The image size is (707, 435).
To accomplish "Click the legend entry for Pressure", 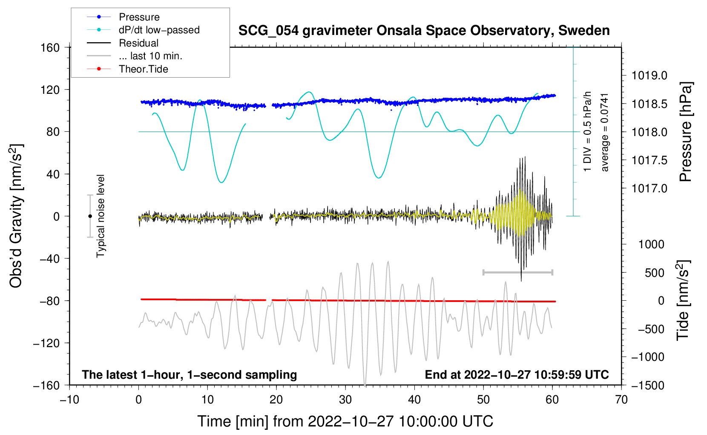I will coord(139,17).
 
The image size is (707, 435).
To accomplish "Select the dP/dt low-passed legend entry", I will coord(159,30).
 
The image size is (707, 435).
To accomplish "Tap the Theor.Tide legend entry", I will coord(143,69).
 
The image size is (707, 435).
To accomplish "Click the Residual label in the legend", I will coord(138,43).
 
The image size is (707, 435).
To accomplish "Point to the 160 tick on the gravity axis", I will coord(50,47).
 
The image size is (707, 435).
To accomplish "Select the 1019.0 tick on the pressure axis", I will coord(649,75).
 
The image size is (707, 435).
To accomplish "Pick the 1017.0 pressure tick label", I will coord(649,188).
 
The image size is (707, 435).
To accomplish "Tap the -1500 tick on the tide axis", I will coord(648,385).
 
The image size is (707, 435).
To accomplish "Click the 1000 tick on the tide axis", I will coord(651,244).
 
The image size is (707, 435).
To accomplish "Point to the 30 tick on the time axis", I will coord(345,400).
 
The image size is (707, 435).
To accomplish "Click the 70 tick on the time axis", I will coord(621,400).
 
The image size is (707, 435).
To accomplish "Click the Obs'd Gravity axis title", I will coord(16,216).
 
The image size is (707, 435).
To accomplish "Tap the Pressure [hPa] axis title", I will coord(686,132).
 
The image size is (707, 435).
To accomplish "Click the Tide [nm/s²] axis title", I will coord(683,300).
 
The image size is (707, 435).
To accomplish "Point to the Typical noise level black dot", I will coord(90,216).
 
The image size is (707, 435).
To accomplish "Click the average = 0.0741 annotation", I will coord(605,132).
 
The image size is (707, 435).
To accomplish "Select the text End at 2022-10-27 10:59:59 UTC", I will coord(517,374).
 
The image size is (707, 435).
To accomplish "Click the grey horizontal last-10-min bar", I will coord(517,272).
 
